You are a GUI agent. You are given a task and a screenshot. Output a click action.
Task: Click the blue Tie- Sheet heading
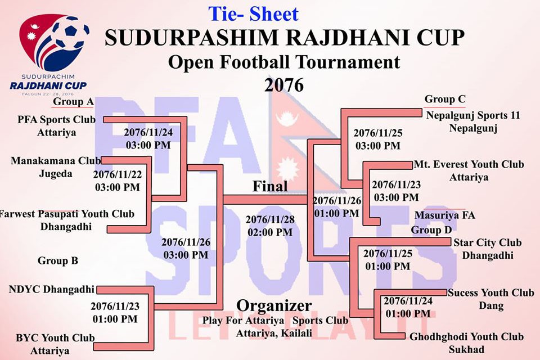[x=253, y=14]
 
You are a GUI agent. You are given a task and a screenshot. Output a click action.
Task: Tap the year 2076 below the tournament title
[x=284, y=85]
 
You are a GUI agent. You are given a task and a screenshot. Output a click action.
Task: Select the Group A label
[x=73, y=102]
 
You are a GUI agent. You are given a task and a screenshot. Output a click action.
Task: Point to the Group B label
[x=58, y=261]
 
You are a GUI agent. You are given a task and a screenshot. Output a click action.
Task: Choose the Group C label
[x=445, y=99]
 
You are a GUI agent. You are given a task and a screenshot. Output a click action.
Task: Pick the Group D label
[x=431, y=230]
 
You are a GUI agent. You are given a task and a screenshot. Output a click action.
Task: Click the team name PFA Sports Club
[x=56, y=120]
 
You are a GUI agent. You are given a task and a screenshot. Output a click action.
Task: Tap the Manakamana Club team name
[x=56, y=161]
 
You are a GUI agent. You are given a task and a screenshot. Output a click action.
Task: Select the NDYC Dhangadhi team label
[x=52, y=289]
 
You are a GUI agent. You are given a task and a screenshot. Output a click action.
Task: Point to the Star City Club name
[x=487, y=242]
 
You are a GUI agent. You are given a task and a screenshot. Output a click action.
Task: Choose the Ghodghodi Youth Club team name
[x=466, y=336]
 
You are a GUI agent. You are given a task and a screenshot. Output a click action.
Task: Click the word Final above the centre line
[x=270, y=186]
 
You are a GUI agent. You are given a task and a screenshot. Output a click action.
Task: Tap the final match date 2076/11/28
[x=270, y=219]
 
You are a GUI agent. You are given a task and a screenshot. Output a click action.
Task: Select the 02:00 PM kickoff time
[x=270, y=232]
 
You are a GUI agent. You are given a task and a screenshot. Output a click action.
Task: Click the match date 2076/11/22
[x=118, y=174]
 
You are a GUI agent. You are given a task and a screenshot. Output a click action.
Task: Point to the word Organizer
[x=274, y=306]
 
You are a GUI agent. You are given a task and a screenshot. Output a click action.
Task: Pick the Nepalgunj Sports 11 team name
[x=473, y=115]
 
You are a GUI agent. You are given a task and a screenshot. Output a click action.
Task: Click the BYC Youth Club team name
[x=55, y=338]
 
